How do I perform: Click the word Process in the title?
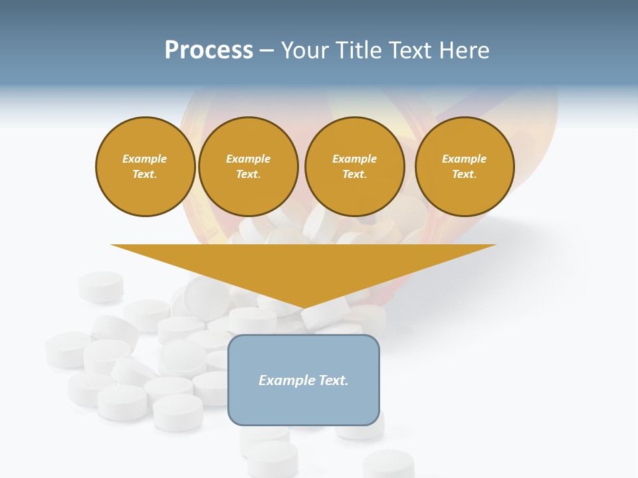[x=209, y=50]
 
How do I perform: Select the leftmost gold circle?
[x=146, y=167]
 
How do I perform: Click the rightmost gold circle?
[x=465, y=167]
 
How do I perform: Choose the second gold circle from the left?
[x=249, y=167]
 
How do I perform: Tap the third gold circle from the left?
[x=355, y=167]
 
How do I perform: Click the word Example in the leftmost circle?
[x=145, y=159]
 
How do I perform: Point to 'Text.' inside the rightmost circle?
[x=465, y=175]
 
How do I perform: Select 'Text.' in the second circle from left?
[x=249, y=175]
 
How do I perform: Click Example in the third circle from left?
[x=355, y=159]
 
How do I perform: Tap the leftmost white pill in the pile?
[x=67, y=349]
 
